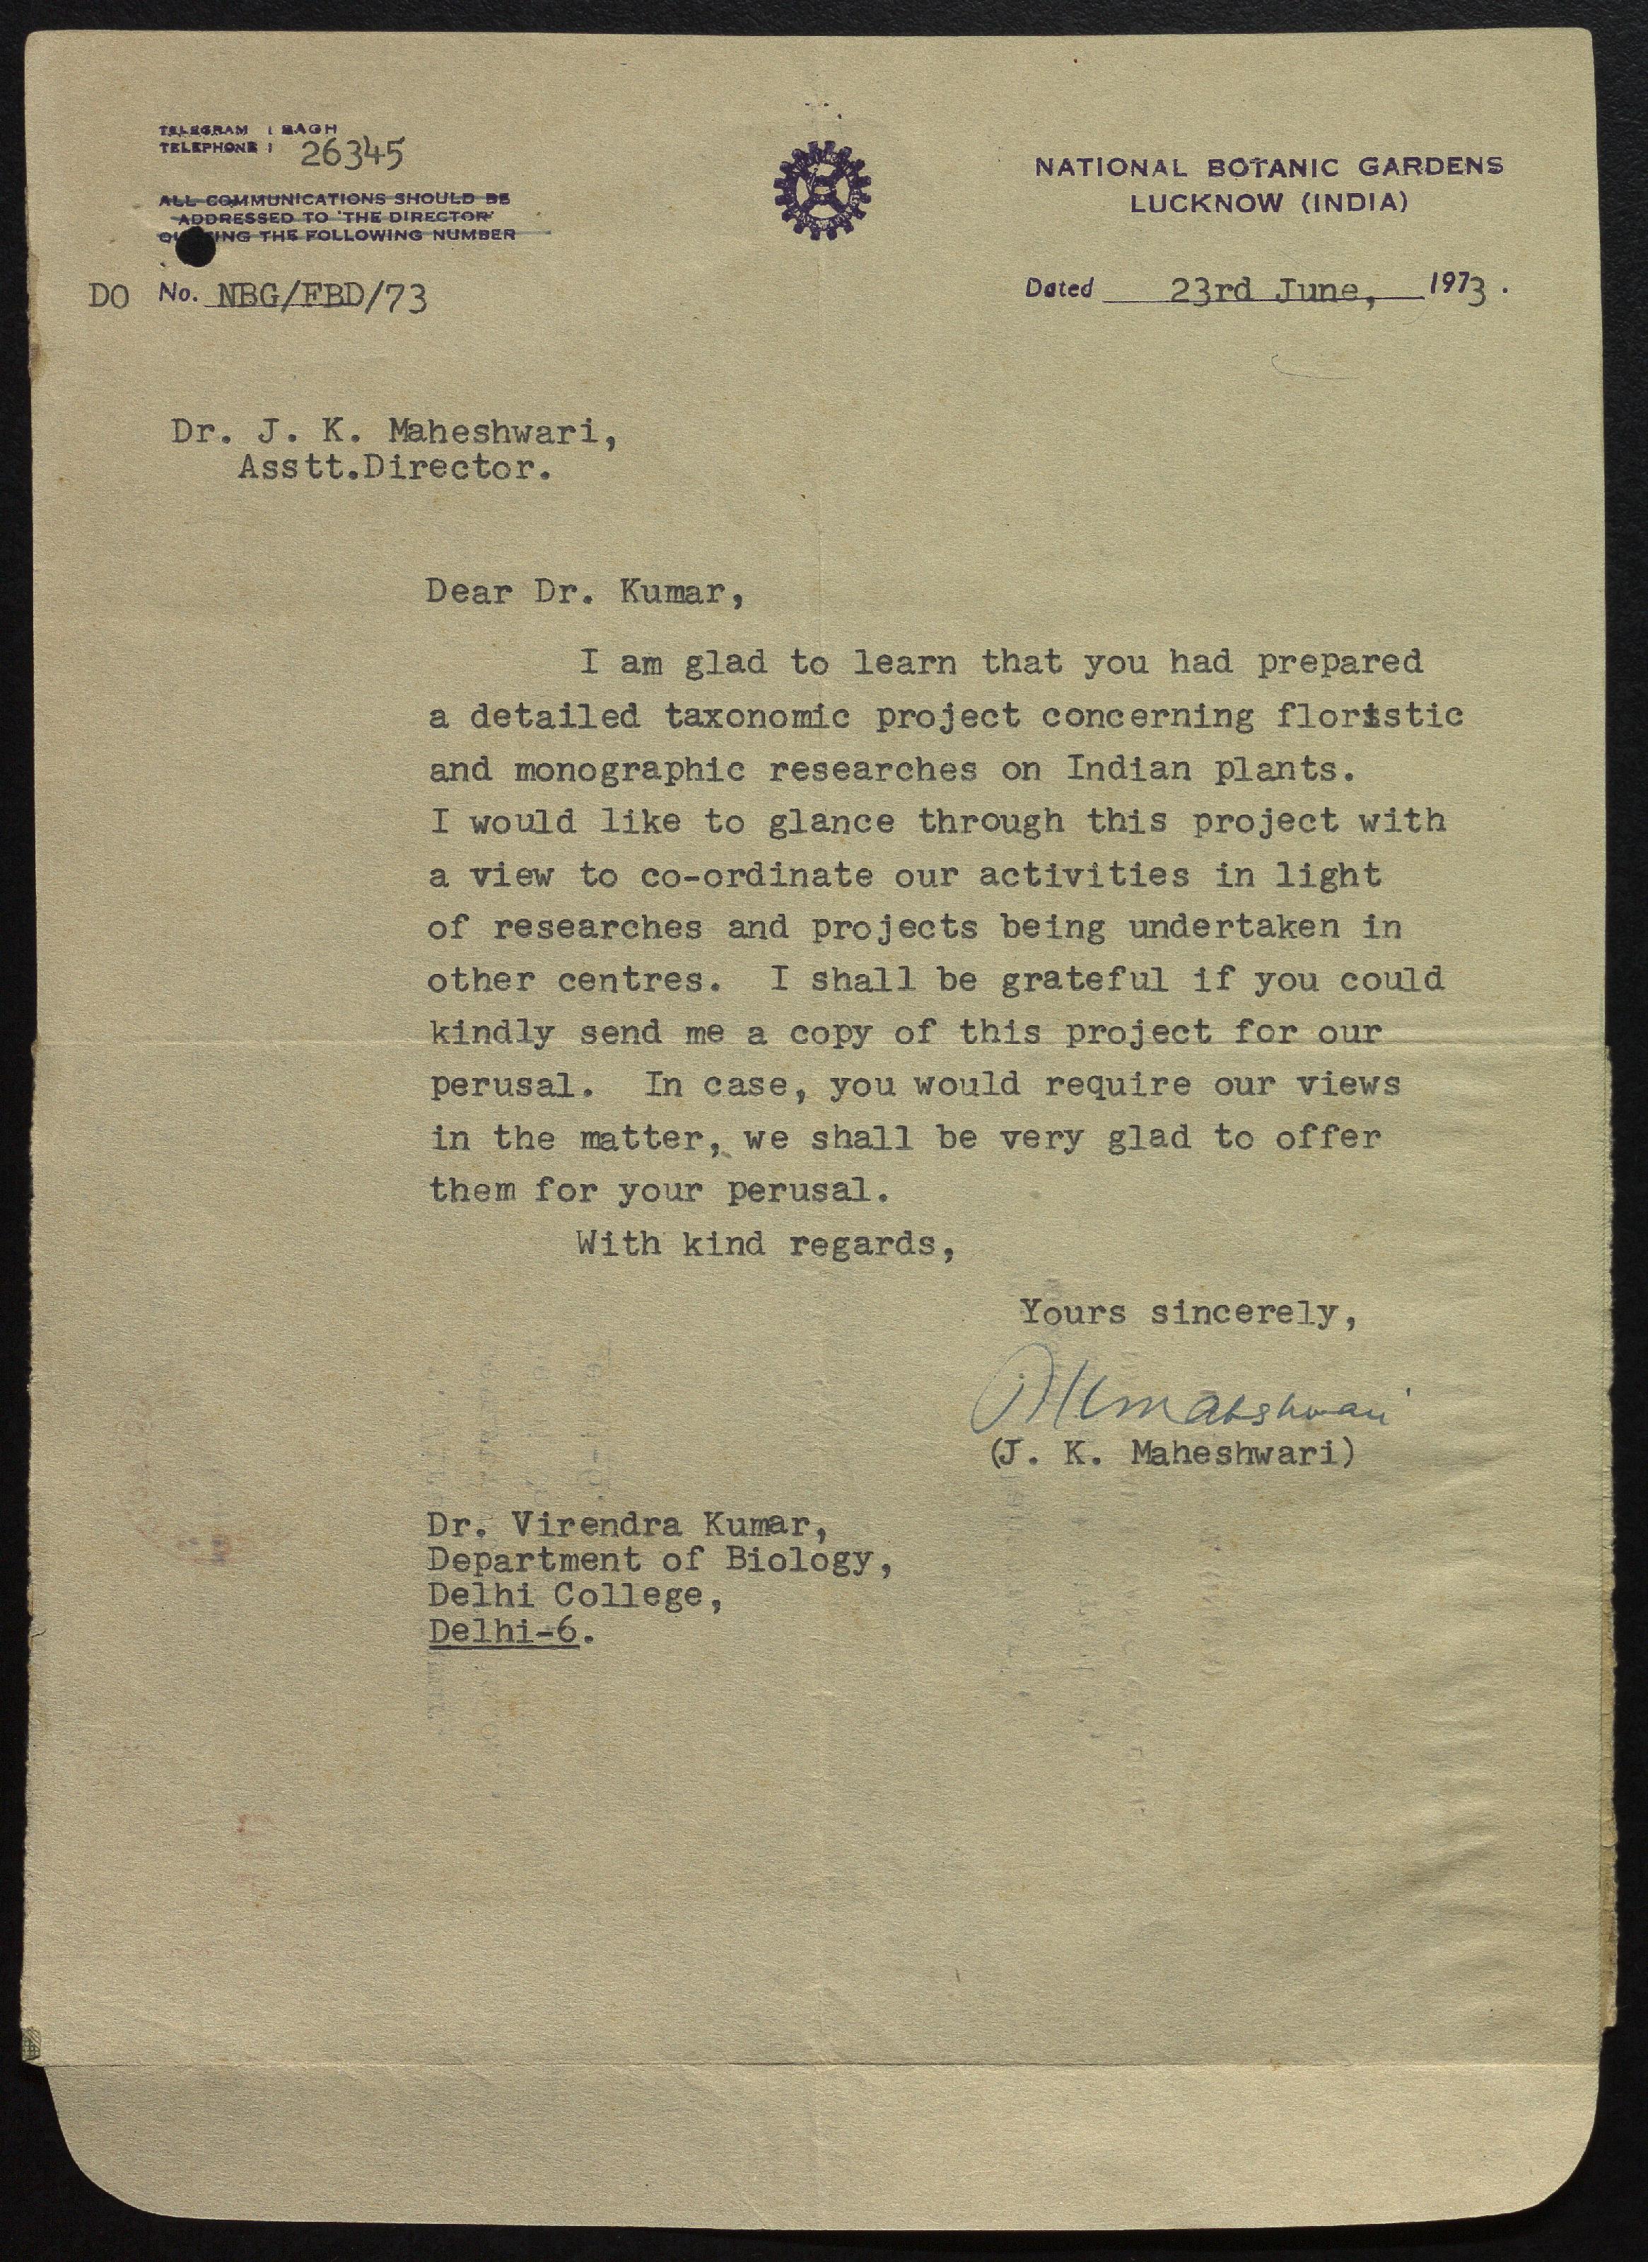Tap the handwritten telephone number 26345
(x=352, y=155)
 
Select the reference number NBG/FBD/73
(x=315, y=296)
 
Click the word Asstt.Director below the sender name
(x=393, y=468)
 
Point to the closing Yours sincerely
(x=1187, y=1312)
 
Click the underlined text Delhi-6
(x=504, y=1633)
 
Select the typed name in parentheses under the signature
(x=1173, y=1453)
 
